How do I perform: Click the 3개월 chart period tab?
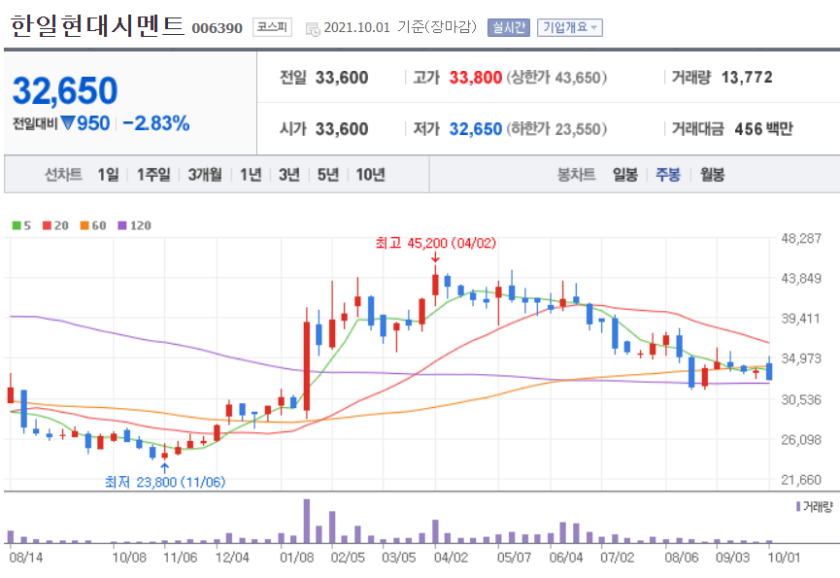205,175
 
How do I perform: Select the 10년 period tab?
370,175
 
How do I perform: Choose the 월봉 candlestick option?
712,175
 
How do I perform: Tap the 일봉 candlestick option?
624,175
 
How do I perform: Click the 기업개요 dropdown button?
569,27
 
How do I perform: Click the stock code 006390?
218,27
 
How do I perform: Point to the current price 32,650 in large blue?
65,91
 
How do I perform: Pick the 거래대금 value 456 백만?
756,128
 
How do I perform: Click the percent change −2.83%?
155,123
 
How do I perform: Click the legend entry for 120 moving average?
135,225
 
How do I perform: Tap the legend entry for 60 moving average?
94,225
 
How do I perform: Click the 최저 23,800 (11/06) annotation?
164,482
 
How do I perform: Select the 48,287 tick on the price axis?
801,238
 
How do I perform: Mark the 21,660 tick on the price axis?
801,480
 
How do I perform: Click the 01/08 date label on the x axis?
296,558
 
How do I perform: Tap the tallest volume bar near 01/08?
307,521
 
